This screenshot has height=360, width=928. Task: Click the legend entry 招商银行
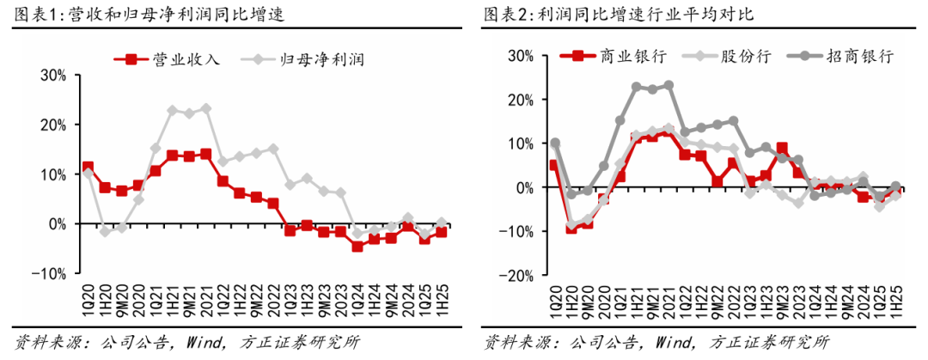pyautogui.click(x=859, y=56)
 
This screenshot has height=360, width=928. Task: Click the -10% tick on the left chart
pyautogui.click(x=51, y=273)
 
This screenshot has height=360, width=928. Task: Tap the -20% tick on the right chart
pyautogui.click(x=517, y=276)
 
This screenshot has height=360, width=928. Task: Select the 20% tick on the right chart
pyautogui.click(x=520, y=99)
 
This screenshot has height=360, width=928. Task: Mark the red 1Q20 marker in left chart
pyautogui.click(x=88, y=167)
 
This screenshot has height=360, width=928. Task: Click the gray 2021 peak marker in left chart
pyautogui.click(x=205, y=108)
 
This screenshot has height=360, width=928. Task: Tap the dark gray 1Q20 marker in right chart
pyautogui.click(x=554, y=143)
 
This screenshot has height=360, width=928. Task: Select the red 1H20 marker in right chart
pyautogui.click(x=571, y=227)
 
